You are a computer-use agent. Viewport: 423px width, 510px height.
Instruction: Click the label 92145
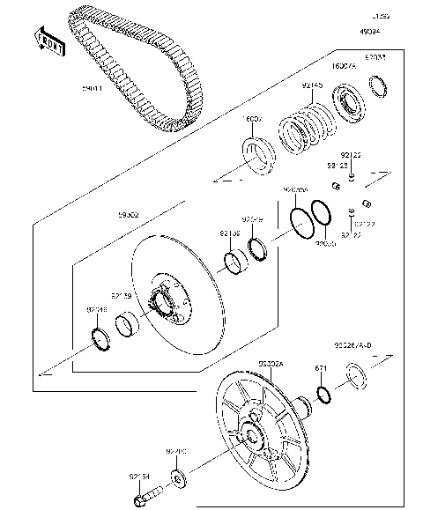point(312,85)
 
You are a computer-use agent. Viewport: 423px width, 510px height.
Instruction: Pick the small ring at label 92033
point(380,85)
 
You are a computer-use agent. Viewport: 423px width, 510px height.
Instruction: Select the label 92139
point(122,297)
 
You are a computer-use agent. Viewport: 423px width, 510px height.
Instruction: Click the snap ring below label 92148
point(103,337)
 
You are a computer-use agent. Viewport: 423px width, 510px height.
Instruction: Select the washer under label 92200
point(179,479)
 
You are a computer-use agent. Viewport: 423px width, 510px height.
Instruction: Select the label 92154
point(141,477)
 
